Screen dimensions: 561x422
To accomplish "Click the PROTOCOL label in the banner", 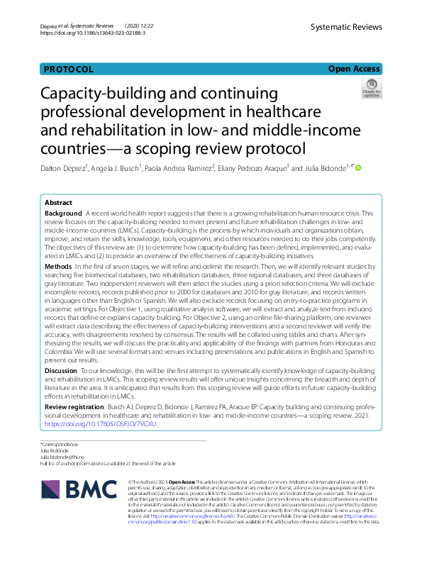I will tap(68, 69).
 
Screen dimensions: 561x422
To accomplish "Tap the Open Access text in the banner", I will tap(355, 69).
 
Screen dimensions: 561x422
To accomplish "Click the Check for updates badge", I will tap(371, 89).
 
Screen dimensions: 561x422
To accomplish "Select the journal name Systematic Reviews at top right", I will tap(346, 27).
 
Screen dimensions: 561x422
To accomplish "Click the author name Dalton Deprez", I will tap(63, 168).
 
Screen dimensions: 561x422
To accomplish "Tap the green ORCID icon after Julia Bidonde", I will tap(358, 168).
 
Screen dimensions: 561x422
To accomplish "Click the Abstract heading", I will tap(59, 202).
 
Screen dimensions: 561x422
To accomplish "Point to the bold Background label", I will tap(63, 213).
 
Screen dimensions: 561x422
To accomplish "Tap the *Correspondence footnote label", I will tap(60, 444).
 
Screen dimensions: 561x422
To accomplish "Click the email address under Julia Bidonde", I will tap(65, 457).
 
